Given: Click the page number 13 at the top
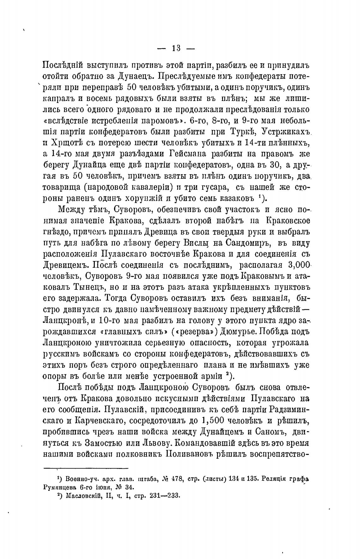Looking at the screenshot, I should [176, 48].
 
